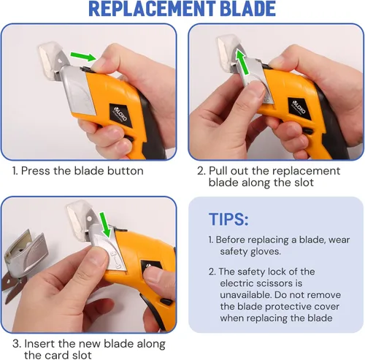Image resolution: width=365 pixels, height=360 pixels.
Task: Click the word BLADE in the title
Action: (247, 9)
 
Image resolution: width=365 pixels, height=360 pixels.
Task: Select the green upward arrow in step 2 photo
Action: (242, 61)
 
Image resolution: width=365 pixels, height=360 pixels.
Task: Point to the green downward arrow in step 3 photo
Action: (104, 224)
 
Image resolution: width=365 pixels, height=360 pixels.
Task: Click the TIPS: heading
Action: (228, 219)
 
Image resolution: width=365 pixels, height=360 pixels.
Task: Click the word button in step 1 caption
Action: (126, 171)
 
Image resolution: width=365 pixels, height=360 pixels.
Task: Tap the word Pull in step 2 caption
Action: (218, 171)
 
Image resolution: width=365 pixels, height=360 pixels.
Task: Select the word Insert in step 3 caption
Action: (39, 344)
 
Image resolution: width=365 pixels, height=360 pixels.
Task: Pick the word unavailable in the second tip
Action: (245, 295)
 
